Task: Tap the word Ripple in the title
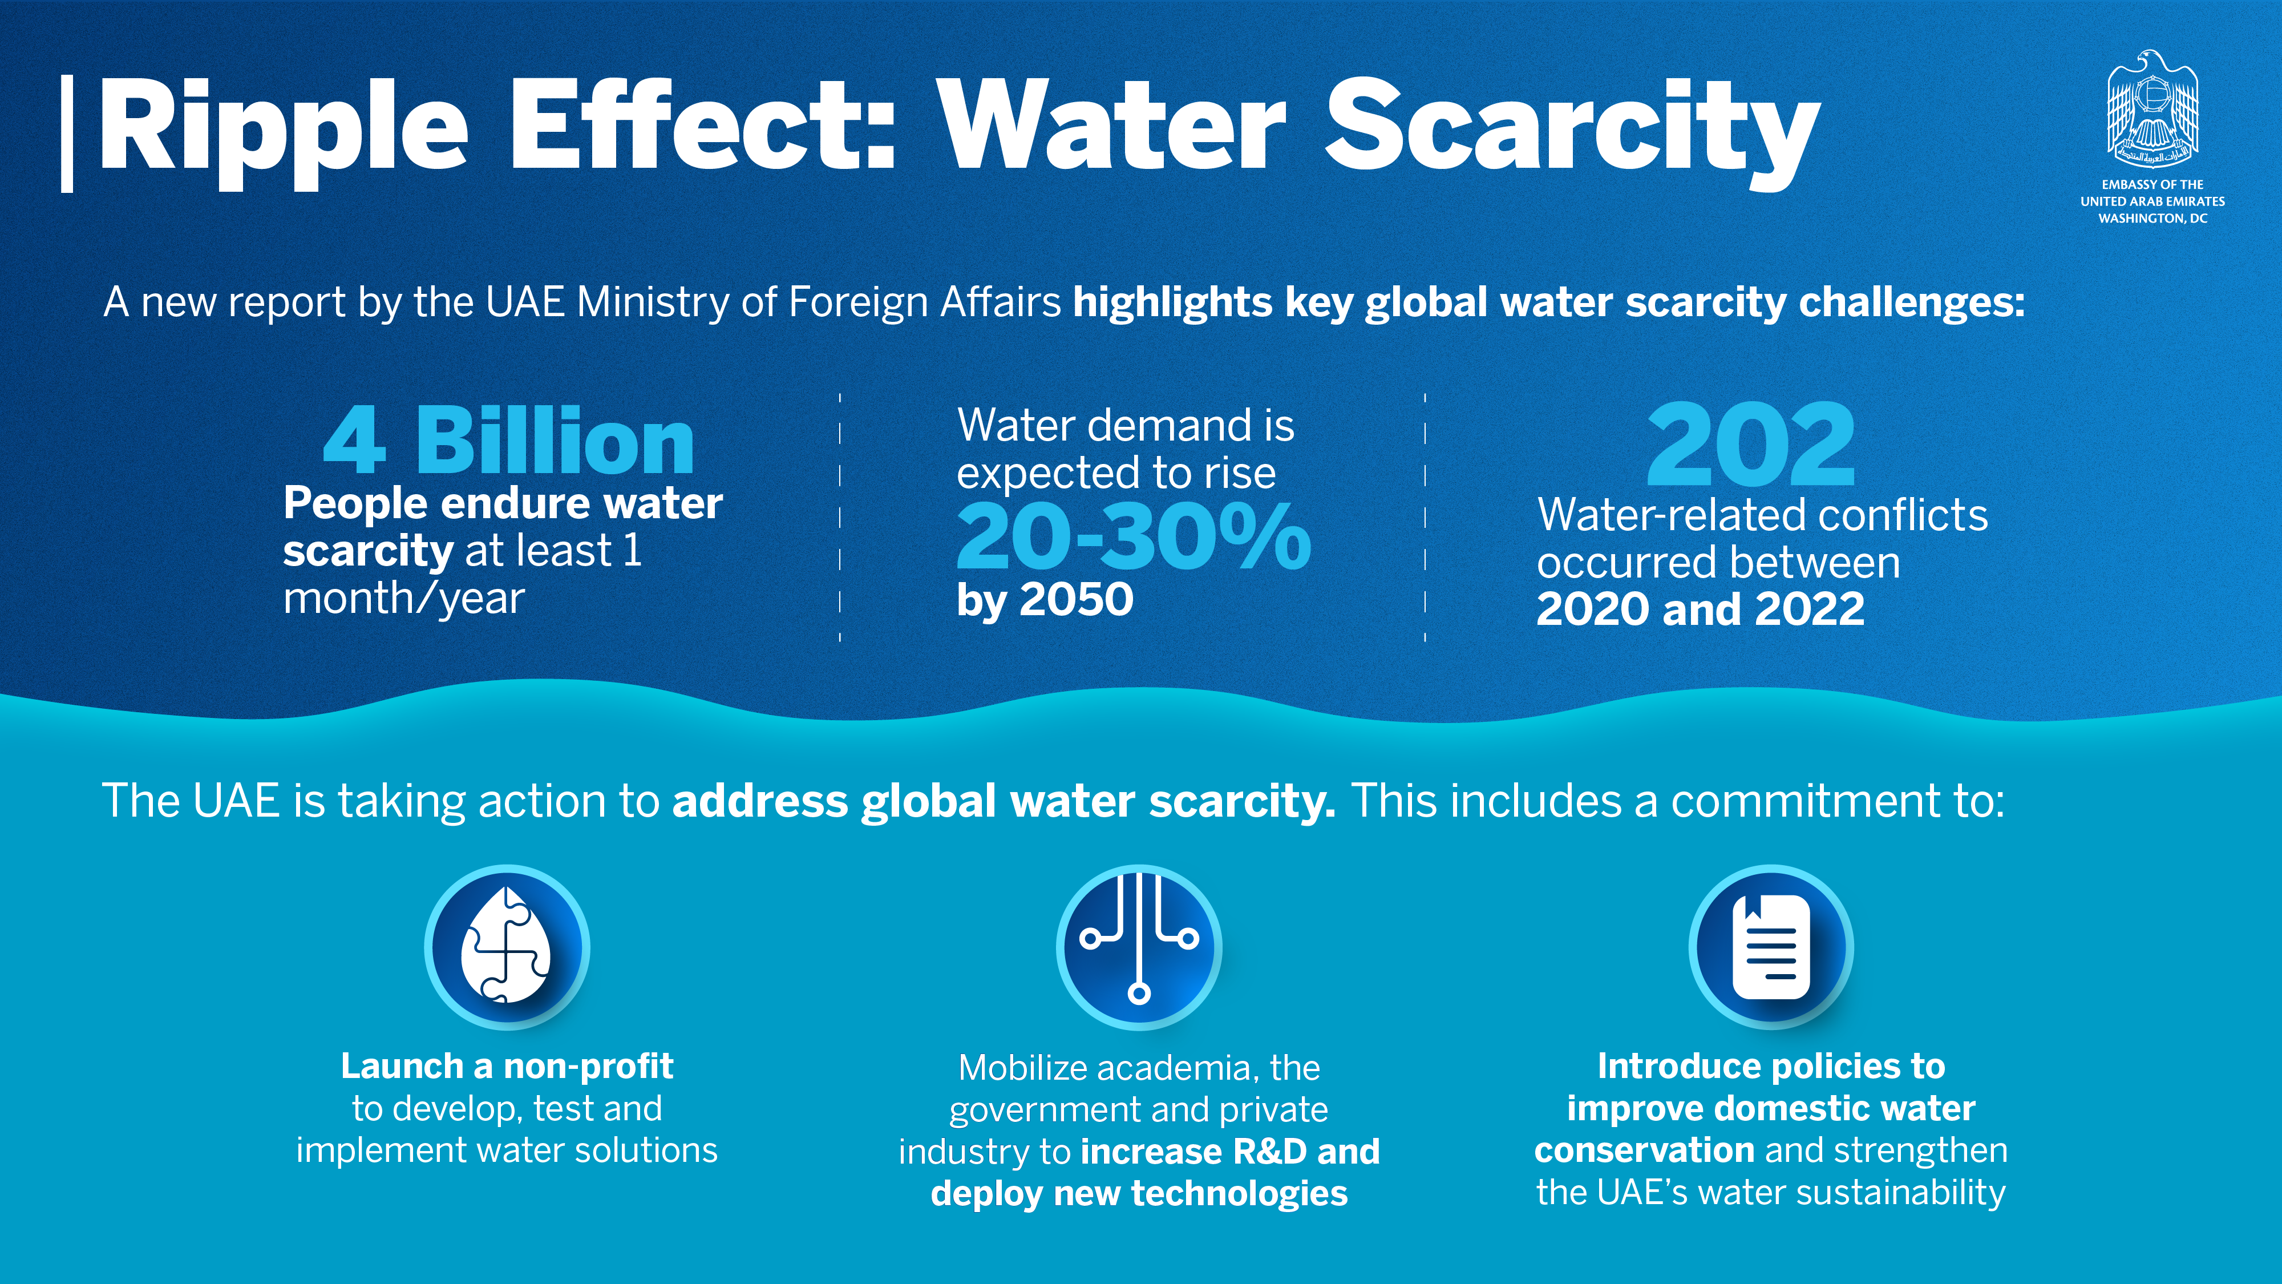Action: (284, 128)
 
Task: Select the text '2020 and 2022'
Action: (1700, 609)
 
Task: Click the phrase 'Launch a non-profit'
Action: (507, 1066)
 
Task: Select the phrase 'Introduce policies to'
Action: (1771, 1066)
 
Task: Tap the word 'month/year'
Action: (404, 599)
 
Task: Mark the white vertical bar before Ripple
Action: (66, 133)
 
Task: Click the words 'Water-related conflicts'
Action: (1762, 515)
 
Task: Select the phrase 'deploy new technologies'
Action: (1139, 1194)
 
